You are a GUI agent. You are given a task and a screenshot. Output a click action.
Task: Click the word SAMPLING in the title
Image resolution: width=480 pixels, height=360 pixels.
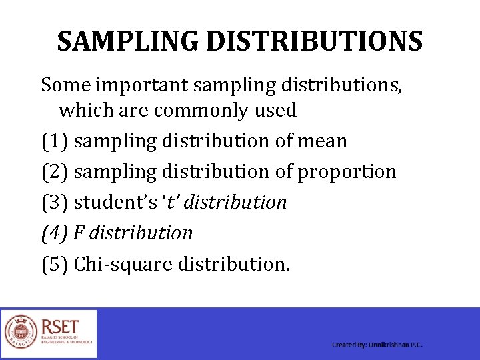coord(127,41)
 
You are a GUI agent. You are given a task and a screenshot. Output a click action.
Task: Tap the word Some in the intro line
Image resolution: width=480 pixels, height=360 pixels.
coord(65,85)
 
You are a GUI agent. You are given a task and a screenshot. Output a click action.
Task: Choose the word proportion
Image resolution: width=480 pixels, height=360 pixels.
coord(347,172)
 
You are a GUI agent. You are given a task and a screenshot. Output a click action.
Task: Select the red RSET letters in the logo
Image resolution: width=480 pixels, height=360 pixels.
coord(60,327)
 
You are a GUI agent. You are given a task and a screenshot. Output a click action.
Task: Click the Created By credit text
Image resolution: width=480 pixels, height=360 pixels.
coord(377,345)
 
